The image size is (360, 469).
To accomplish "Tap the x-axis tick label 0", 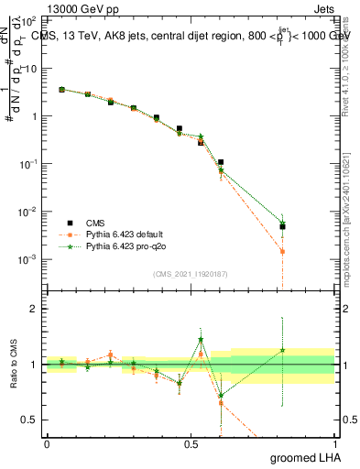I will [47, 442].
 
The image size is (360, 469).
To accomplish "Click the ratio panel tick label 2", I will [33, 310].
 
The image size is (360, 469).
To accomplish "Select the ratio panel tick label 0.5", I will [29, 420].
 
